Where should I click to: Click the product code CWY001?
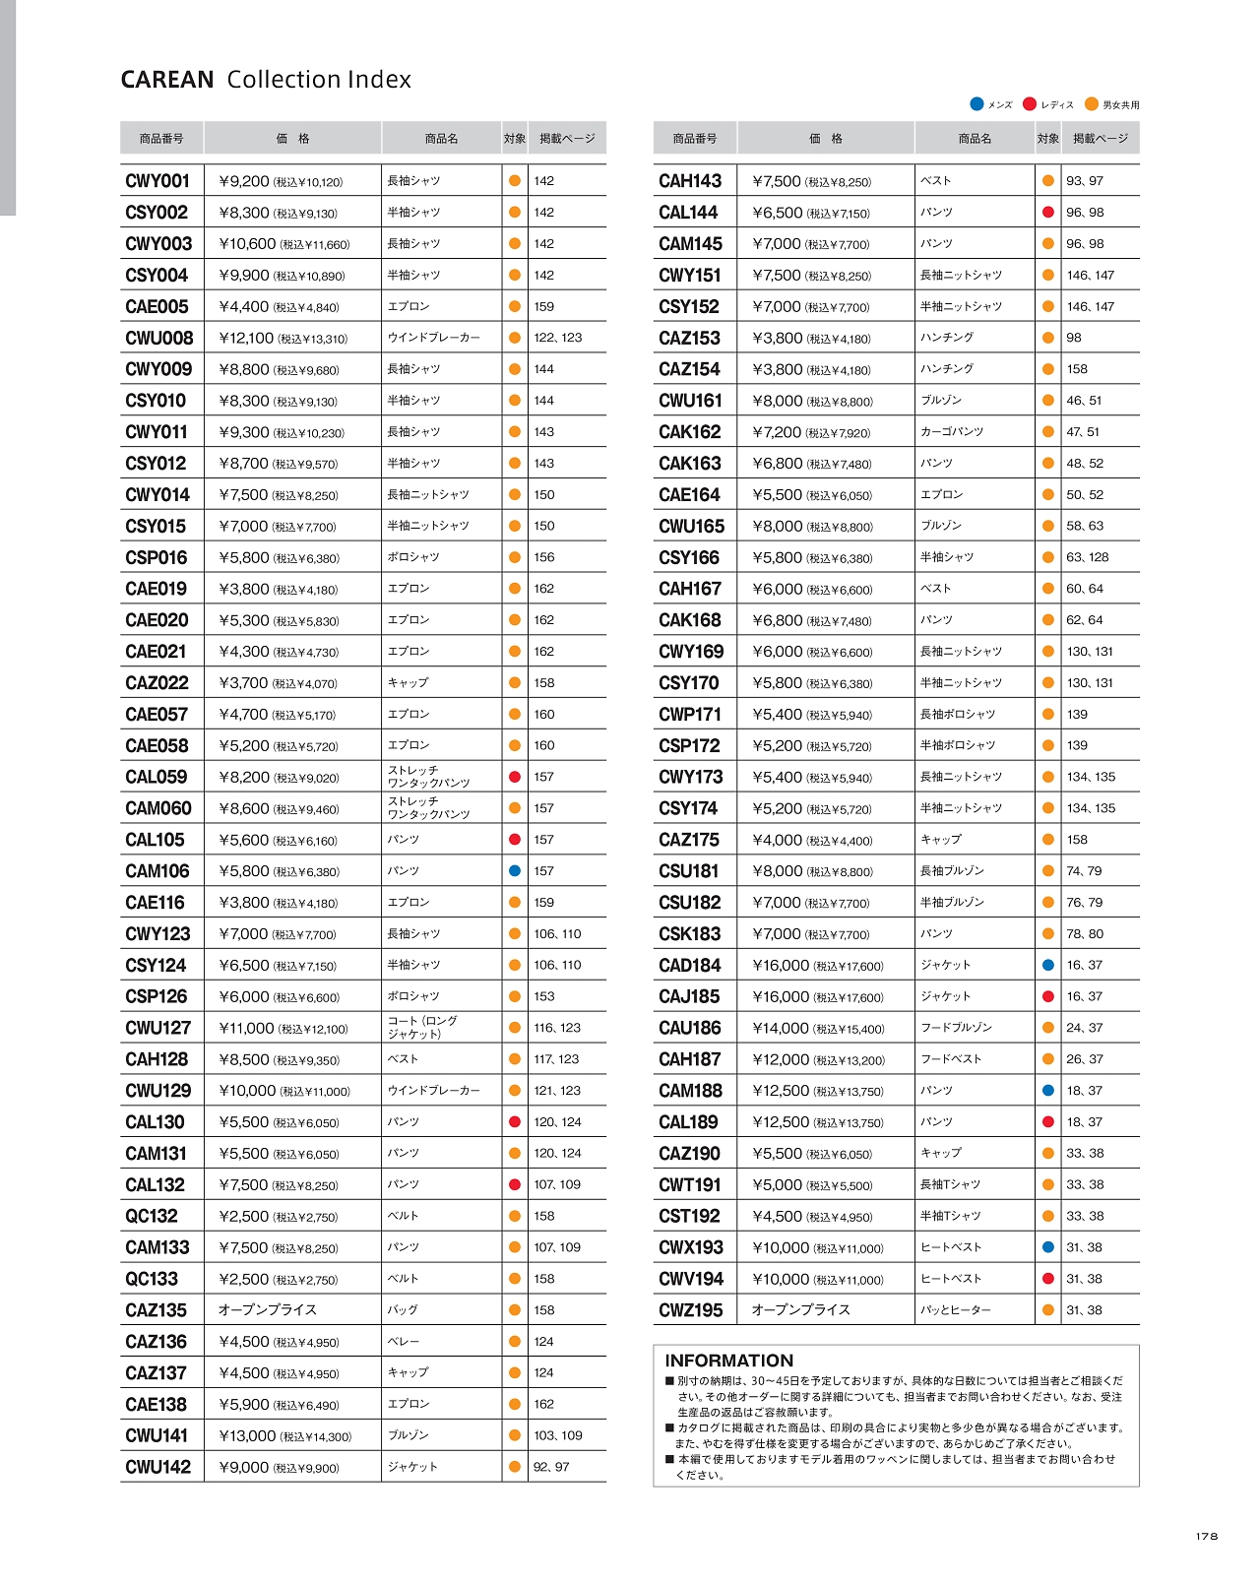tap(157, 181)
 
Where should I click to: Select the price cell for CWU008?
tap(283, 338)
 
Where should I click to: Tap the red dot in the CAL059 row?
tap(514, 777)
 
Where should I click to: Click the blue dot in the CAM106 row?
tap(514, 871)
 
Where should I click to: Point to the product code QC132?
tap(152, 1216)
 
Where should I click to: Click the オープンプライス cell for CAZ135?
tap(268, 1310)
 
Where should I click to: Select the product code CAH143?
tap(690, 181)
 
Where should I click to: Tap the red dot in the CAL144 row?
tap(1047, 213)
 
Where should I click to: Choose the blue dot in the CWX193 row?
tap(1047, 1247)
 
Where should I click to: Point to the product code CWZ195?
tap(690, 1310)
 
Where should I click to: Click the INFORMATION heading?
tap(728, 1361)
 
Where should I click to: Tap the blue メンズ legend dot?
tap(976, 104)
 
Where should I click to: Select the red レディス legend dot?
tap(1030, 104)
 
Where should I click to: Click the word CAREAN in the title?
tap(167, 80)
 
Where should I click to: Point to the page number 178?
tap(1207, 1537)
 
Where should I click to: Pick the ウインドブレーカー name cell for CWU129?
tap(434, 1091)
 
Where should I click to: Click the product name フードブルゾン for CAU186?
tap(956, 1028)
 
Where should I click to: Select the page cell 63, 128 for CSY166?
tap(1087, 557)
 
